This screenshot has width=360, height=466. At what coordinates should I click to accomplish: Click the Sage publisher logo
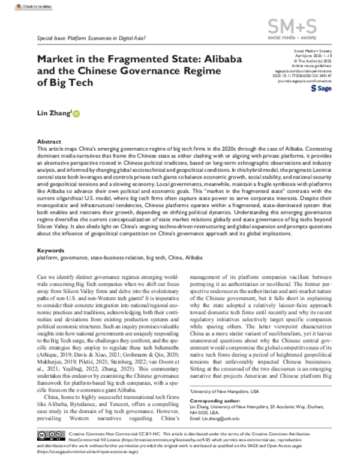click(322, 88)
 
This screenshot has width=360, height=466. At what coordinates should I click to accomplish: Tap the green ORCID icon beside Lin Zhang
click(76, 113)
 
